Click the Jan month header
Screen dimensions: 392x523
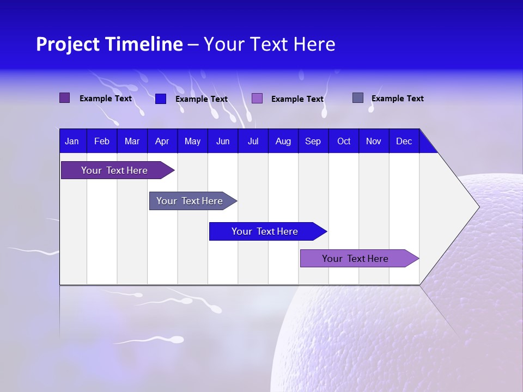tap(72, 142)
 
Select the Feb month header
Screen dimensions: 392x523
tap(102, 142)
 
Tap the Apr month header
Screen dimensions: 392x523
tap(162, 142)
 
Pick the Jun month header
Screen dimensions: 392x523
tap(223, 142)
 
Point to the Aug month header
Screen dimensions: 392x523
tap(283, 142)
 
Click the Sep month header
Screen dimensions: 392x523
tap(313, 142)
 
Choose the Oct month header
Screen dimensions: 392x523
tap(344, 142)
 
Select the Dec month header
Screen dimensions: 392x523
tap(404, 142)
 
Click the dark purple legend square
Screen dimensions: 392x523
tap(64, 98)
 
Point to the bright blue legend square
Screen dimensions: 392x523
tap(160, 99)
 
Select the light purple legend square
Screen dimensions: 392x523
tap(257, 99)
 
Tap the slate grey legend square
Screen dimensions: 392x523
tap(358, 98)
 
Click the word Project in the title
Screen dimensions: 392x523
tap(68, 44)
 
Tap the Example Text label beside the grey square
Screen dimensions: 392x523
tap(397, 99)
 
